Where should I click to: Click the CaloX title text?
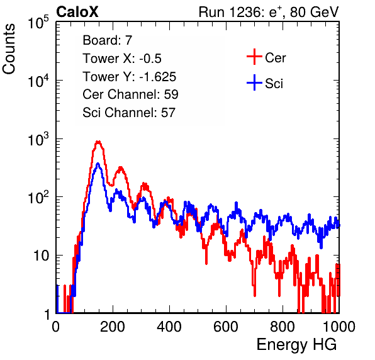click(x=77, y=12)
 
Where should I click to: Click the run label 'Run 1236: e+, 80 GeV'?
click(x=269, y=12)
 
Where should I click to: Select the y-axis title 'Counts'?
click(x=9, y=49)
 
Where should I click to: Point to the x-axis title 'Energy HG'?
click(x=296, y=345)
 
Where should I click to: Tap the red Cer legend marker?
click(x=254, y=57)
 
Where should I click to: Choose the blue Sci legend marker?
click(x=254, y=83)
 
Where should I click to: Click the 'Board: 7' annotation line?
click(x=108, y=40)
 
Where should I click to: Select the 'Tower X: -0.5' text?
click(x=122, y=59)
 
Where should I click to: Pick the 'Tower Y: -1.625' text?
click(x=130, y=77)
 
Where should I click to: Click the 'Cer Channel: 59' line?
click(x=131, y=94)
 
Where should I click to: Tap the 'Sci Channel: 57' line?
click(x=129, y=113)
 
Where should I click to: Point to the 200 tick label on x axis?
click(x=113, y=327)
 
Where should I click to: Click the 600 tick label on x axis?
click(x=226, y=327)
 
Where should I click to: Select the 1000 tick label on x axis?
click(x=339, y=327)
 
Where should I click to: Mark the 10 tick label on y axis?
click(x=41, y=256)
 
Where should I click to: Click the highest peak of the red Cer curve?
click(x=98, y=142)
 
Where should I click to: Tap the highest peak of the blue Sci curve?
click(x=98, y=164)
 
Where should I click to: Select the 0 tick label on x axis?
click(x=56, y=327)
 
